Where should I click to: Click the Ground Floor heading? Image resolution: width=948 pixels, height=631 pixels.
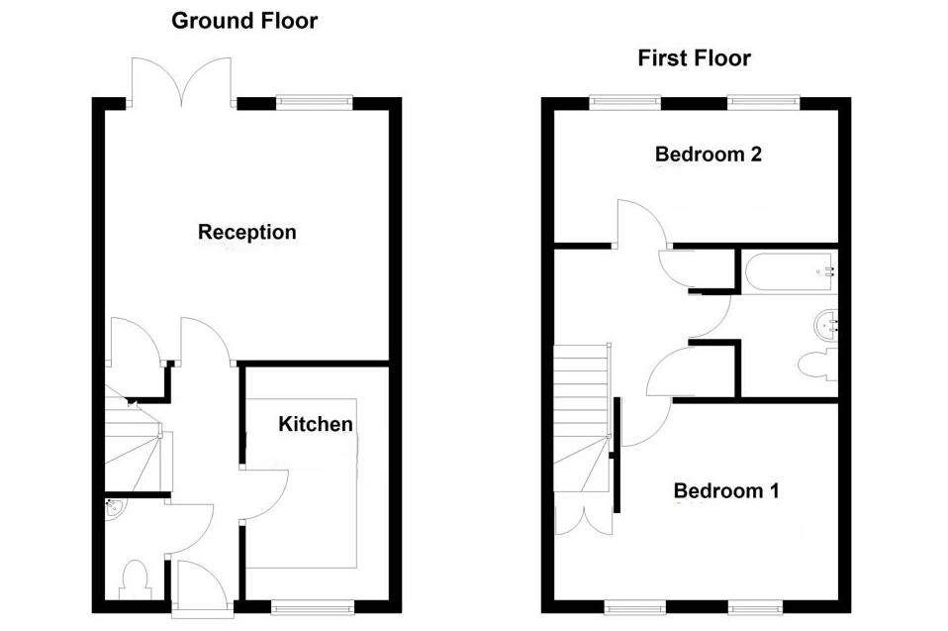(244, 21)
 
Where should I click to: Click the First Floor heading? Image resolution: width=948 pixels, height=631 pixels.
(694, 58)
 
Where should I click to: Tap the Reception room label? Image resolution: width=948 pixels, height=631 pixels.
(246, 233)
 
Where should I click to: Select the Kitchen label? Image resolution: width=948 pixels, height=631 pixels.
(316, 425)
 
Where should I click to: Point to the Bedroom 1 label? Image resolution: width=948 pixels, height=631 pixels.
(726, 490)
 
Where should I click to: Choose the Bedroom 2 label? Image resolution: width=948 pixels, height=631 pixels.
(707, 155)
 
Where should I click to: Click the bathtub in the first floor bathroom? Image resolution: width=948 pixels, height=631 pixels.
(788, 270)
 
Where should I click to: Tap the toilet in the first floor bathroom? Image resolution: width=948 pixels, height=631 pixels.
(816, 365)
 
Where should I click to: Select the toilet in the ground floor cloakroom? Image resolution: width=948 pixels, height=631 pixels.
(133, 578)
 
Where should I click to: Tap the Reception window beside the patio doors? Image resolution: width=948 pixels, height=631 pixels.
(314, 99)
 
